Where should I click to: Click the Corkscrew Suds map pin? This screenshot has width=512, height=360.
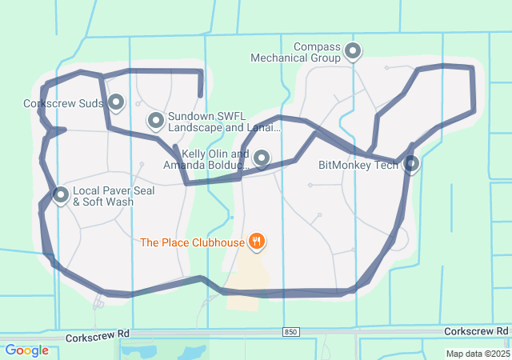point(116,102)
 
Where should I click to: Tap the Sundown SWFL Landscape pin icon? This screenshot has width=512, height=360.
point(156,121)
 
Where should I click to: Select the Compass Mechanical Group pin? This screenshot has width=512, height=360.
point(352,53)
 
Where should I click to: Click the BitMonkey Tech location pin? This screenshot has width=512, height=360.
point(411,164)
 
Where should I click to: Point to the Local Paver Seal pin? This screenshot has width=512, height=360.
point(61,194)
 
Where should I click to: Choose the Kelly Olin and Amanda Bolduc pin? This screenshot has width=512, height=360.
point(262,158)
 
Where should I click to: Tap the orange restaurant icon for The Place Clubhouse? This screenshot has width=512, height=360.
point(256,242)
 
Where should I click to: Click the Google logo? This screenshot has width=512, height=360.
point(26,350)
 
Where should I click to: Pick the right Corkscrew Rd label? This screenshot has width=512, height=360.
point(477,331)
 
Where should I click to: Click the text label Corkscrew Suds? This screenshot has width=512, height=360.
point(63,104)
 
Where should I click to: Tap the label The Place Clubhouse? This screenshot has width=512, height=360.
point(191,242)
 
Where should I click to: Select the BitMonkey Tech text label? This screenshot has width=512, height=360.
point(358,166)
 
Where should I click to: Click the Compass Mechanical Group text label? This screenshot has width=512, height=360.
point(295,53)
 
